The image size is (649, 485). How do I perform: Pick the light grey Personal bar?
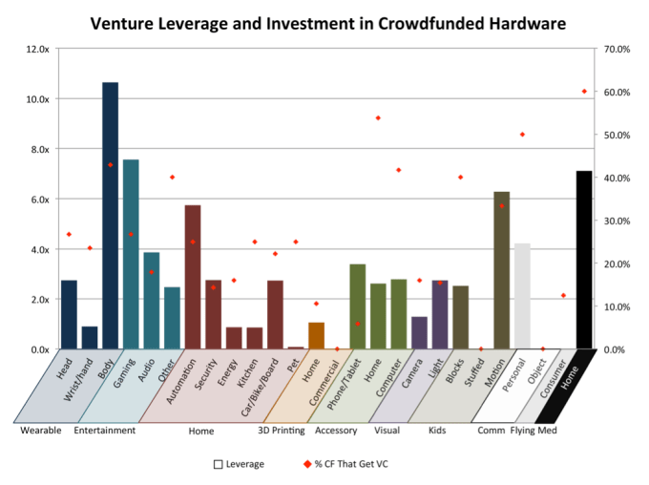[522, 296]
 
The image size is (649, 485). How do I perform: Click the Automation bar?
[193, 277]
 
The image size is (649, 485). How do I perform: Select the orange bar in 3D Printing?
[316, 336]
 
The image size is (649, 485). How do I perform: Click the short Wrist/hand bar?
[90, 338]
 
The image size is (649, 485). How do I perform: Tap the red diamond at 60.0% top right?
[584, 91]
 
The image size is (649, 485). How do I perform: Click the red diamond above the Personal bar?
[522, 135]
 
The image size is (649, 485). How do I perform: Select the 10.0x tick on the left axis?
[38, 98]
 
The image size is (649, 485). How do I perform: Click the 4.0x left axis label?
[40, 249]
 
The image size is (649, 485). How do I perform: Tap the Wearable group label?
[41, 431]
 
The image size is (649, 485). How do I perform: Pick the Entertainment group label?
[105, 431]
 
